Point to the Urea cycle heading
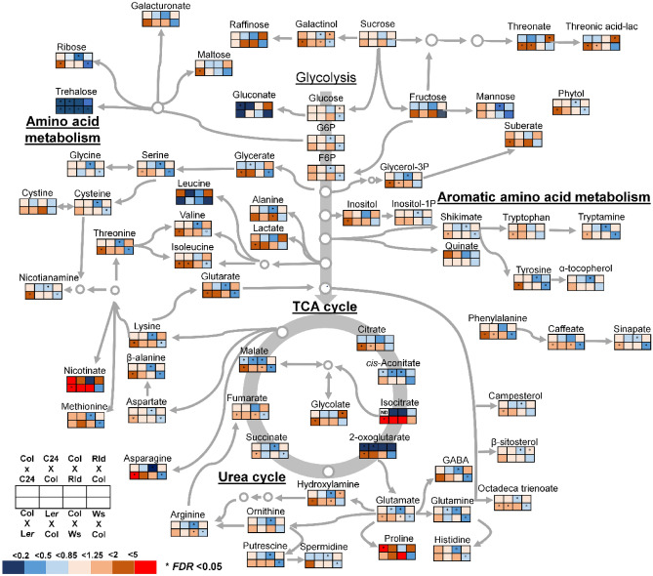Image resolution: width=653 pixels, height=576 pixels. tap(252, 478)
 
